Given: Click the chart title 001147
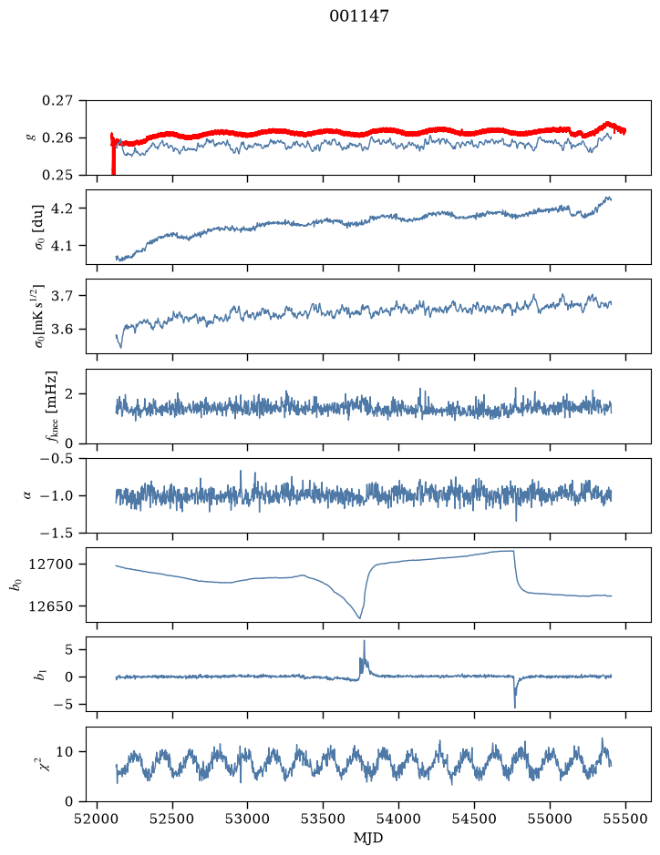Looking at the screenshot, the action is pyautogui.click(x=358, y=16).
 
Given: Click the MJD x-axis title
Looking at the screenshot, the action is pyautogui.click(x=368, y=838).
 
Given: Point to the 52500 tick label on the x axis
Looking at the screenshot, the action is pyautogui.click(x=172, y=819).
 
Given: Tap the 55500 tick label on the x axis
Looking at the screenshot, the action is pyautogui.click(x=625, y=819).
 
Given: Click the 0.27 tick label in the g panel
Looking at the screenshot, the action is pyautogui.click(x=57, y=101).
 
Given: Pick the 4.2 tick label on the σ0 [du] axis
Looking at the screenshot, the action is pyautogui.click(x=62, y=209).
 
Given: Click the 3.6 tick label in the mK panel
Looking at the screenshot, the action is pyautogui.click(x=62, y=330).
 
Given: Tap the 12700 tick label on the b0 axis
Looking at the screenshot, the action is pyautogui.click(x=50, y=565).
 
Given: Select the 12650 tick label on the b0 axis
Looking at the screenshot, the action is pyautogui.click(x=50, y=606).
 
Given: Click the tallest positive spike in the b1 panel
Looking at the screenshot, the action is pyautogui.click(x=364, y=642).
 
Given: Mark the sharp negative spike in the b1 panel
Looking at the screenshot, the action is pyautogui.click(x=515, y=707).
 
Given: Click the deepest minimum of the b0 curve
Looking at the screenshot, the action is pyautogui.click(x=359, y=617).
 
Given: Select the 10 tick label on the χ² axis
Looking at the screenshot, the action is pyautogui.click(x=65, y=752).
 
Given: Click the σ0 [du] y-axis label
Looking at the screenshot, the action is pyautogui.click(x=39, y=228).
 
